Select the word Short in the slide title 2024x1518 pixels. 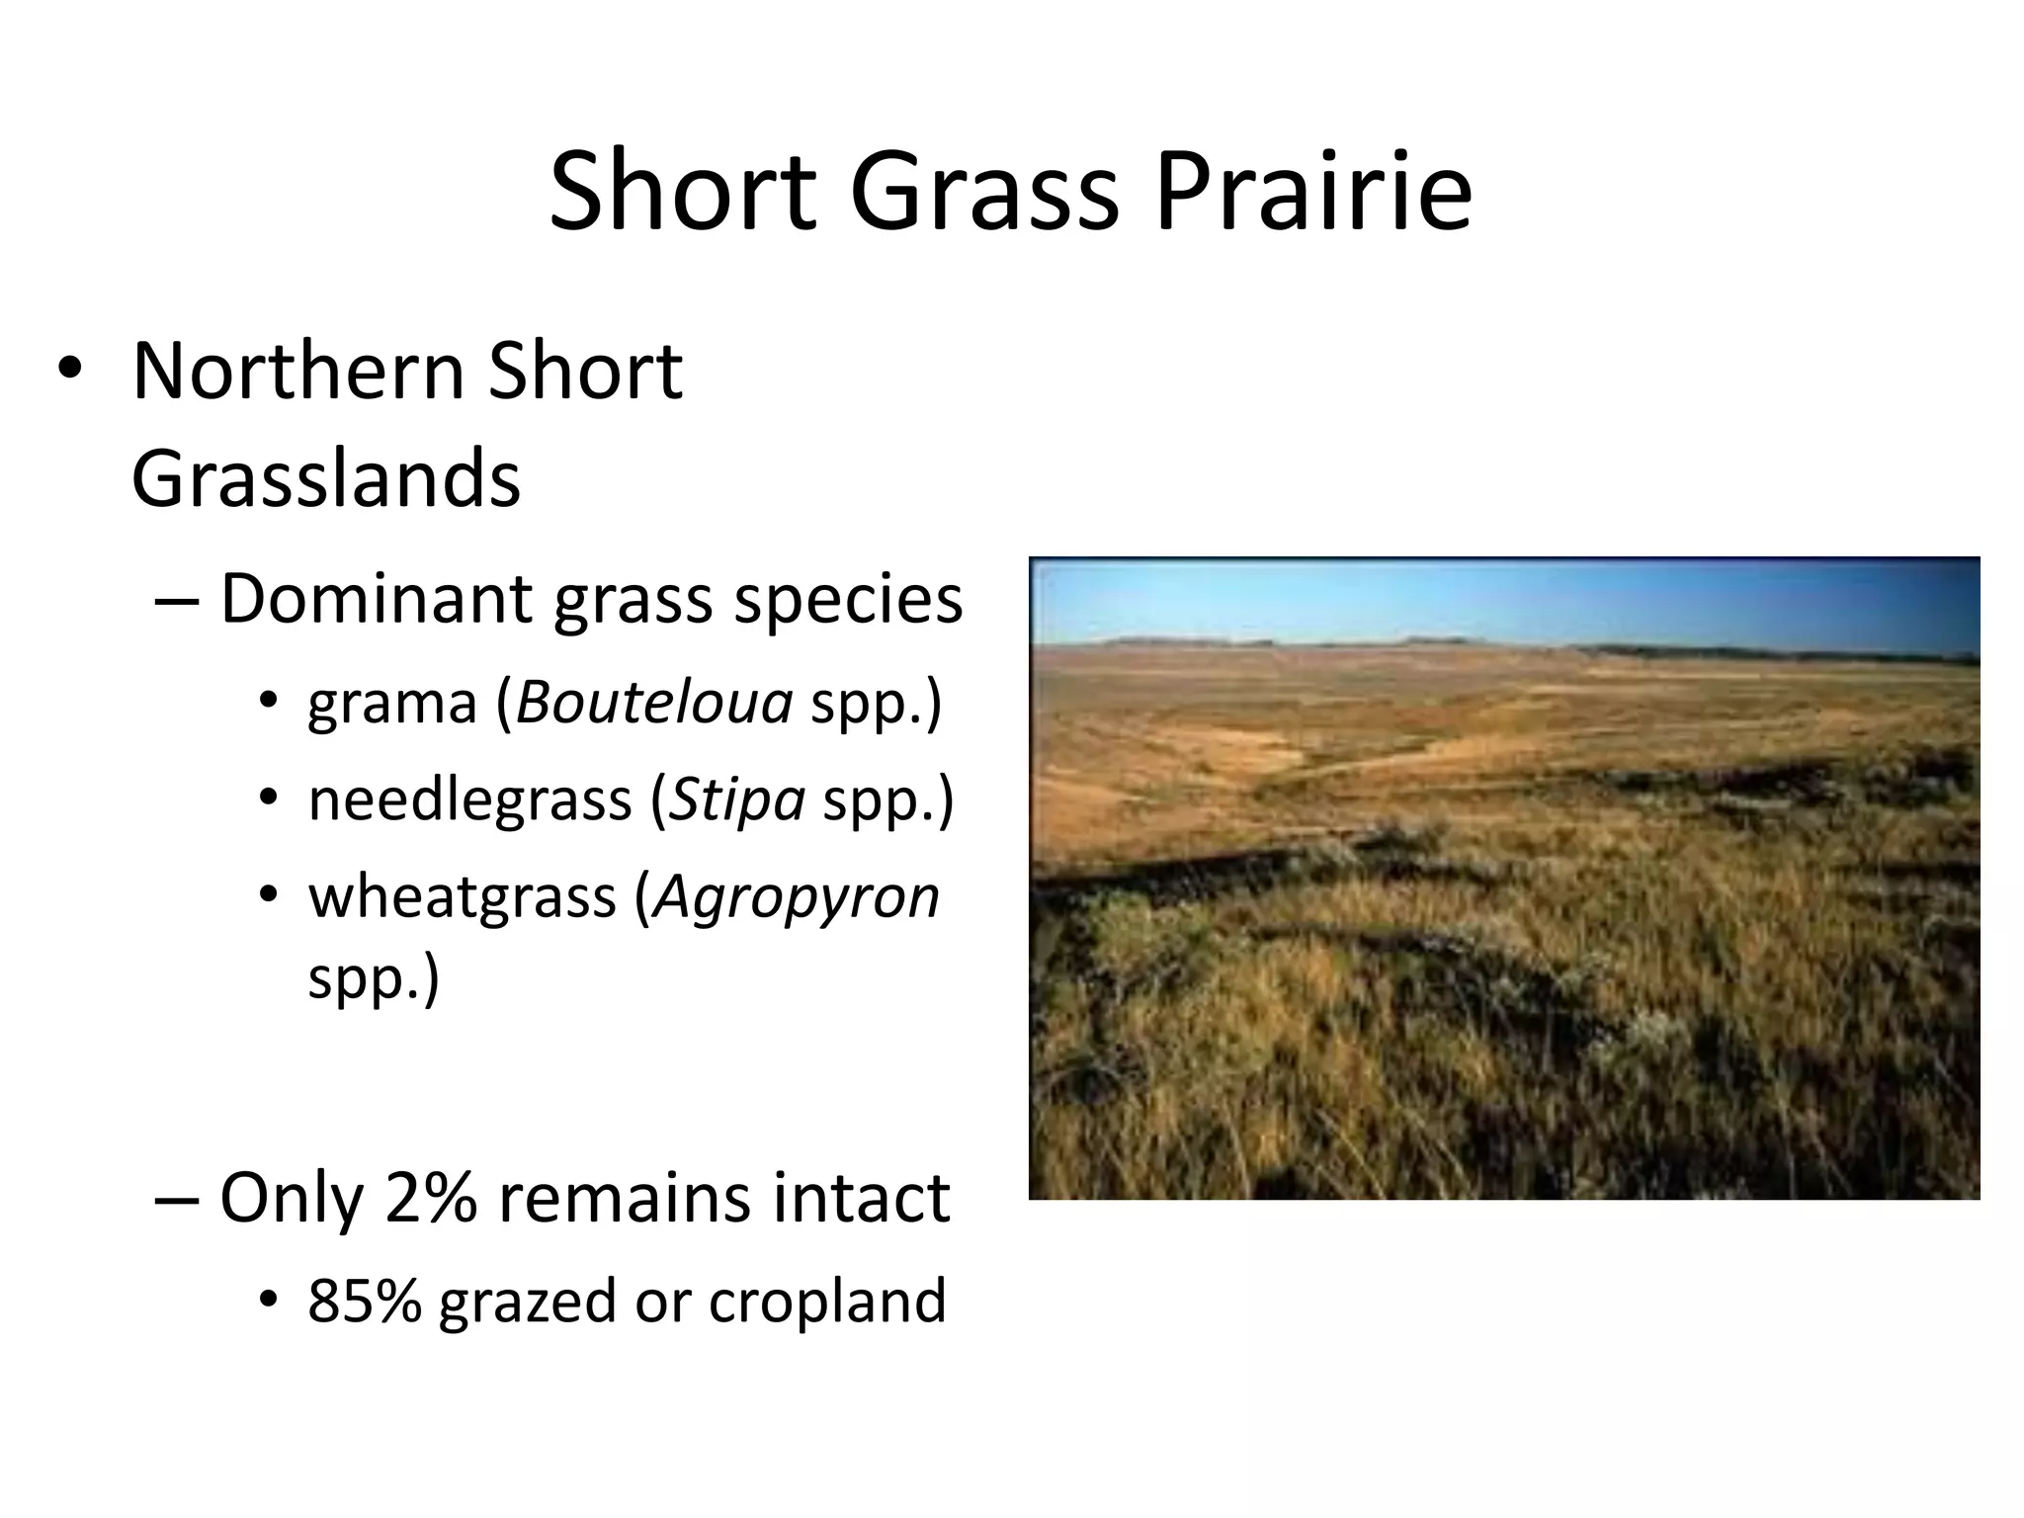682,192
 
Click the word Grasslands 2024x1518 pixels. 325,480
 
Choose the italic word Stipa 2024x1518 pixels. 737,800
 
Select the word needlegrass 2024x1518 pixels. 469,800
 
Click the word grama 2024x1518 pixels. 392,704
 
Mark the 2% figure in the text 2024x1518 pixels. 431,1198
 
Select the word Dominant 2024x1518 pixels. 376,599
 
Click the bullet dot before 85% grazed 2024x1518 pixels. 269,1303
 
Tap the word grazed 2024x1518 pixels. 529,1303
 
